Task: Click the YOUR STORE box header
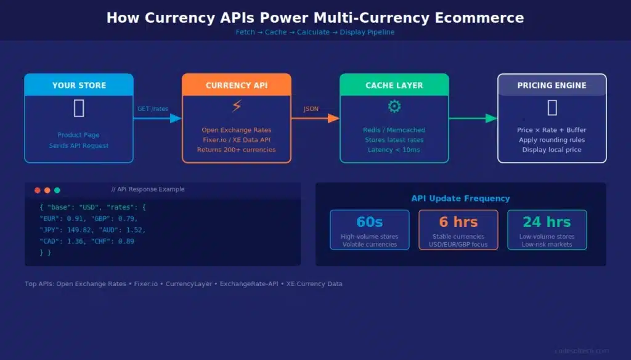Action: (79, 85)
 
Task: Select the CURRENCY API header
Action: (237, 85)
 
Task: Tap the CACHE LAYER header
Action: (394, 85)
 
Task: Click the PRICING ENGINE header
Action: (552, 85)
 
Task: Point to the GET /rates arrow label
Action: (152, 109)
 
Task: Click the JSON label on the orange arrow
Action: (311, 109)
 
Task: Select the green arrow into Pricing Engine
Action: (473, 118)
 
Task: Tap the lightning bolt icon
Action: (237, 106)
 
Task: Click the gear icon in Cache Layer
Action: (394, 106)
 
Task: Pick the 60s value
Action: (370, 222)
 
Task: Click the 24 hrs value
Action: (547, 222)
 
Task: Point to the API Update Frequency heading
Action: (461, 198)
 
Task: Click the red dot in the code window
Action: (38, 190)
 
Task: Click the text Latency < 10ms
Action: (394, 150)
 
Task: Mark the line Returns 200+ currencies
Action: (237, 150)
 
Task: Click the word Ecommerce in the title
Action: (473, 17)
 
